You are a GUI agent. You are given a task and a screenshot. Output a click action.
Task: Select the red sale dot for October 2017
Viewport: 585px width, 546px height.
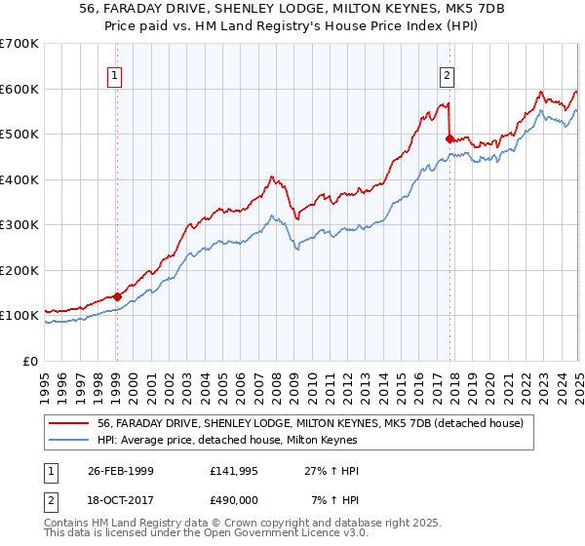(449, 138)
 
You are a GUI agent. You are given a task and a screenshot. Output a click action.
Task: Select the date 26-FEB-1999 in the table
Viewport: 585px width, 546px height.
(118, 471)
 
